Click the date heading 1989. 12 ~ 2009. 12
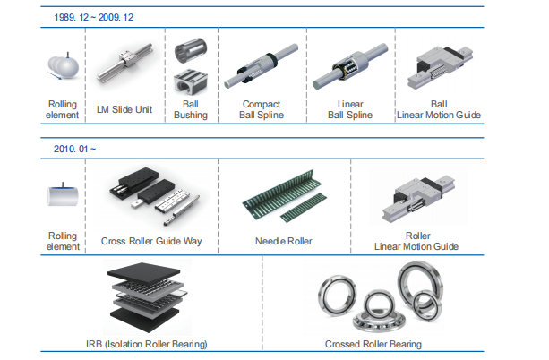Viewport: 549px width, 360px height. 95,17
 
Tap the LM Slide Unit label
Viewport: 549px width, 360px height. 125,110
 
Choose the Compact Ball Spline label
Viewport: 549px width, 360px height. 261,109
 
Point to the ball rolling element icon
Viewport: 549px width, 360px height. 62,67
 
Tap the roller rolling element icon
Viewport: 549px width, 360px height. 62,196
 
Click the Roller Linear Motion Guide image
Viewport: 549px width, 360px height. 416,198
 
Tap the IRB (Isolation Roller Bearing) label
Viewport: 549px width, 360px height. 147,345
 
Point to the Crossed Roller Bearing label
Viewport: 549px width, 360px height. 373,345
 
